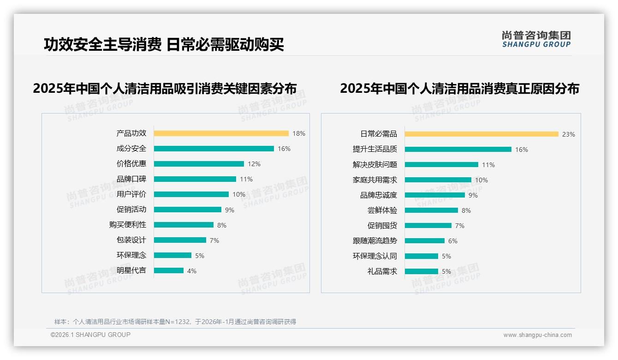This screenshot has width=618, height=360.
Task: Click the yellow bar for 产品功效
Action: click(221, 133)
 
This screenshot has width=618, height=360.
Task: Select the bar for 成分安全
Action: click(214, 149)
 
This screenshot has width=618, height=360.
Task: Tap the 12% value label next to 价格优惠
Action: click(254, 164)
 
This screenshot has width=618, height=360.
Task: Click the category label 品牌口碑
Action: click(131, 179)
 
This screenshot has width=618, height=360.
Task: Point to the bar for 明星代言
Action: click(169, 270)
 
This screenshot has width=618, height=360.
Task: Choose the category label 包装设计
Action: click(131, 240)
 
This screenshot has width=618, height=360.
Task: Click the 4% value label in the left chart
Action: click(192, 271)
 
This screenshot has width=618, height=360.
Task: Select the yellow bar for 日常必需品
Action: click(481, 134)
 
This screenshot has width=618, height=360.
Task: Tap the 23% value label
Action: click(568, 134)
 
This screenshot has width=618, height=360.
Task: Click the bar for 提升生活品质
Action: click(458, 150)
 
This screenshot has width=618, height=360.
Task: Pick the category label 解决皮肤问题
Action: click(374, 165)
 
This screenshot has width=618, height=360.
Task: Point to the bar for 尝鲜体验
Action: click(431, 210)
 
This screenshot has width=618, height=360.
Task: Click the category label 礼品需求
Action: click(382, 271)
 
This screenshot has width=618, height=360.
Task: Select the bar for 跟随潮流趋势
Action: click(425, 241)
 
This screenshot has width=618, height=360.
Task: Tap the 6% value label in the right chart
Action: click(453, 241)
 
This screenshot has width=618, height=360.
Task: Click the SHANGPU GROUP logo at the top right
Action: click(536, 39)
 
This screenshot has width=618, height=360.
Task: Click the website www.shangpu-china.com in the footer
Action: click(537, 335)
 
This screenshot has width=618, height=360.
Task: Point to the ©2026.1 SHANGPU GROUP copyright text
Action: click(90, 335)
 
